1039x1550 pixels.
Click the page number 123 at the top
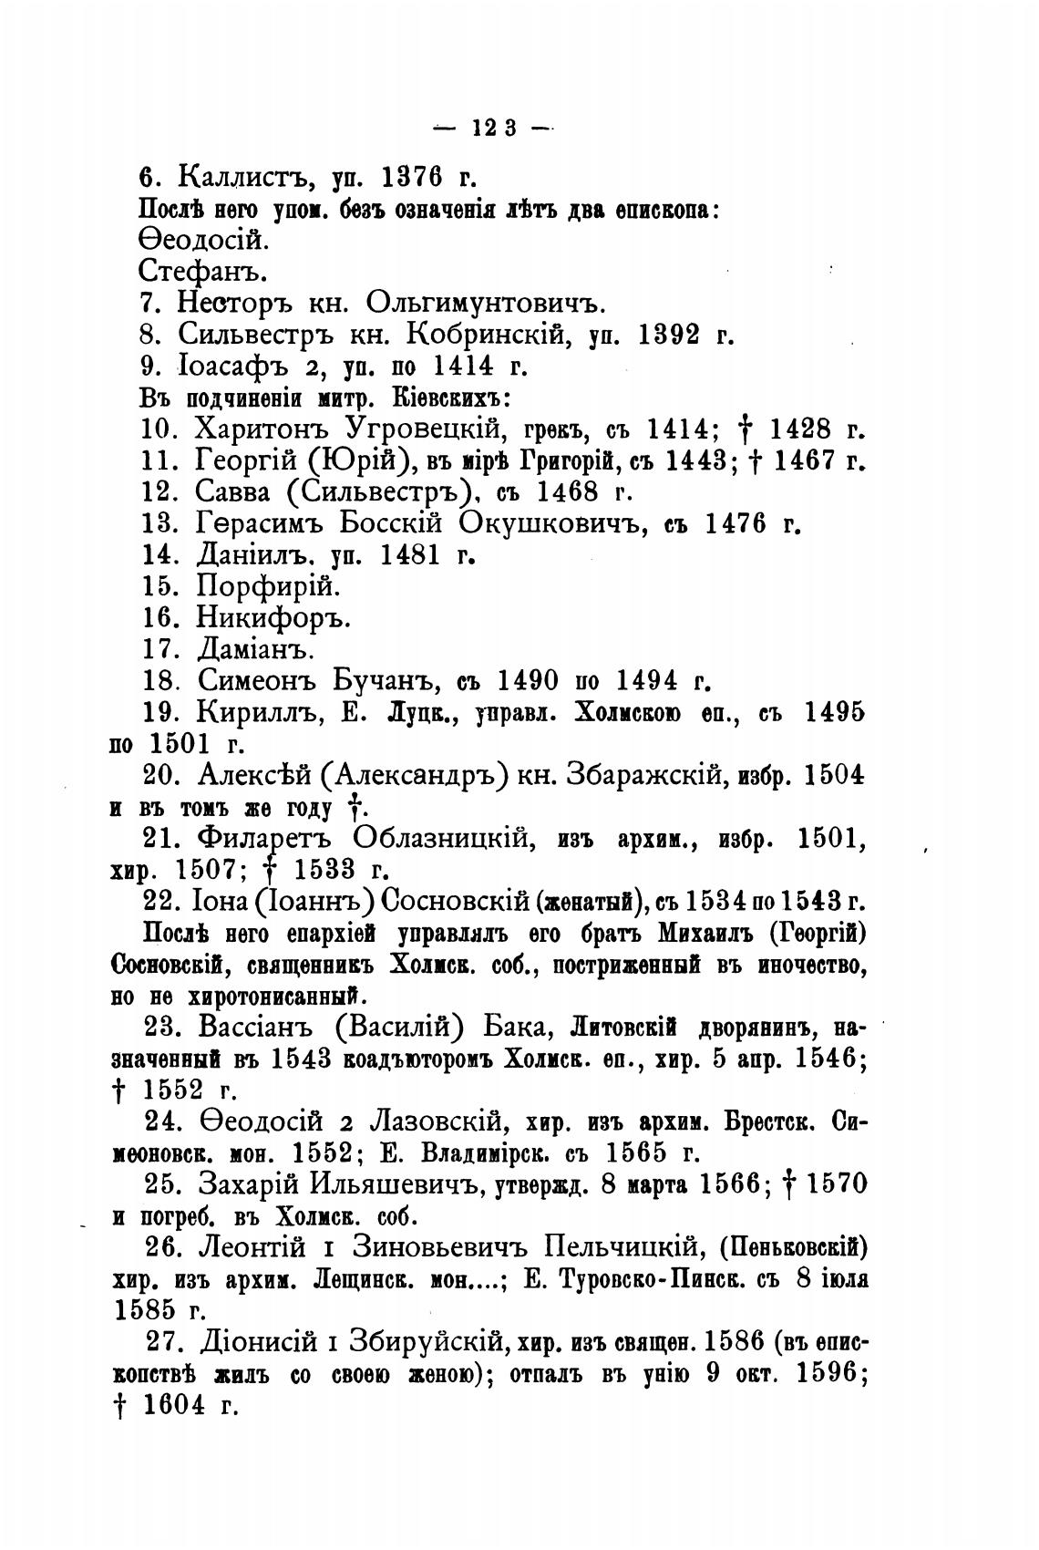[495, 129]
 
